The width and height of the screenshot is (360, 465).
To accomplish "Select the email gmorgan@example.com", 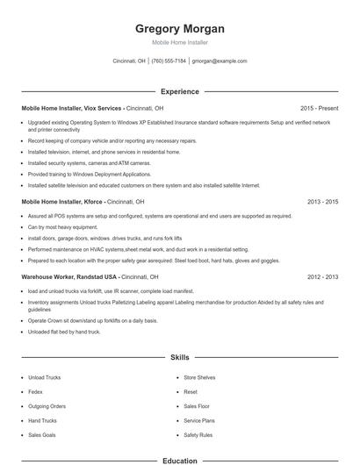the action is pos(219,61).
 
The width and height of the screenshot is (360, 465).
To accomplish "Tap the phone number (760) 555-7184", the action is pos(169,61).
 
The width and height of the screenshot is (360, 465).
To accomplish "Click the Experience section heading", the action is pos(179,91).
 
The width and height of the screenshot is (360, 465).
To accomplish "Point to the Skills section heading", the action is pos(179,358).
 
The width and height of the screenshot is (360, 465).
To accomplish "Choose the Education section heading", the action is pos(179,459).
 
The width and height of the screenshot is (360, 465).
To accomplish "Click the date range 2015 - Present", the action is pos(319,108).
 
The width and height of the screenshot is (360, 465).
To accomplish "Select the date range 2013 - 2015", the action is pos(322,201).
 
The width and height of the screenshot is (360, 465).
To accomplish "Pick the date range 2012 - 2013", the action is pos(322,276).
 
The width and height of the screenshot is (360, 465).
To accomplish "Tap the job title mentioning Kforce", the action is pos(74,201).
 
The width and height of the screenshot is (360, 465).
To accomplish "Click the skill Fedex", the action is pos(36,391).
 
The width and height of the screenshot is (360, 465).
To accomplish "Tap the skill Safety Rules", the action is pos(198,434).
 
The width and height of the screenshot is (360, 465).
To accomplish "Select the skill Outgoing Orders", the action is pos(47,406).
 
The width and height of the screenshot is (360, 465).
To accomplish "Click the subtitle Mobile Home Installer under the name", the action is pos(179,42).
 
